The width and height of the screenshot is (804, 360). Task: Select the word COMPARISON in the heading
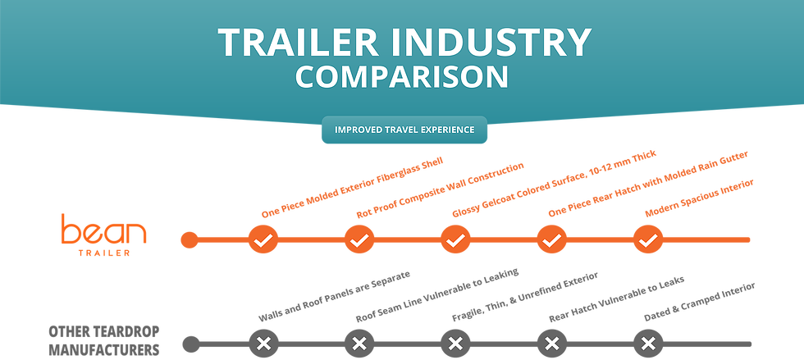click(x=402, y=77)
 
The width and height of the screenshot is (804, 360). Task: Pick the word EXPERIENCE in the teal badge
click(x=451, y=130)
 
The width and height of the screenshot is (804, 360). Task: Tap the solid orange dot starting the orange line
click(x=190, y=240)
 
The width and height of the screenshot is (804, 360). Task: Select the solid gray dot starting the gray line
click(x=190, y=344)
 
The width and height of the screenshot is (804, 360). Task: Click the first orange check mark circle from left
click(x=263, y=240)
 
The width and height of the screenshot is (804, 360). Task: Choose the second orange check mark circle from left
click(x=359, y=240)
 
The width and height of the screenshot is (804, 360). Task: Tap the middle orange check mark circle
click(x=455, y=240)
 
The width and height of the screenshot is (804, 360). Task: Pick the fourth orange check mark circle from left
click(x=552, y=240)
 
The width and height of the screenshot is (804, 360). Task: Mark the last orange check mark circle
click(x=648, y=240)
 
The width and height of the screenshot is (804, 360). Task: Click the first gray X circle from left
click(x=263, y=344)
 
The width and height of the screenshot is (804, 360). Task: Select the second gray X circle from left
click(x=359, y=344)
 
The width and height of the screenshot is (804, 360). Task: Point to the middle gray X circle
click(x=455, y=344)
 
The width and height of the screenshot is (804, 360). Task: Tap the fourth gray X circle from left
click(x=552, y=344)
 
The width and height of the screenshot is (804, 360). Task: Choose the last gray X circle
click(x=648, y=344)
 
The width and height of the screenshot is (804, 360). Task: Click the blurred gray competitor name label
click(x=103, y=340)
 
